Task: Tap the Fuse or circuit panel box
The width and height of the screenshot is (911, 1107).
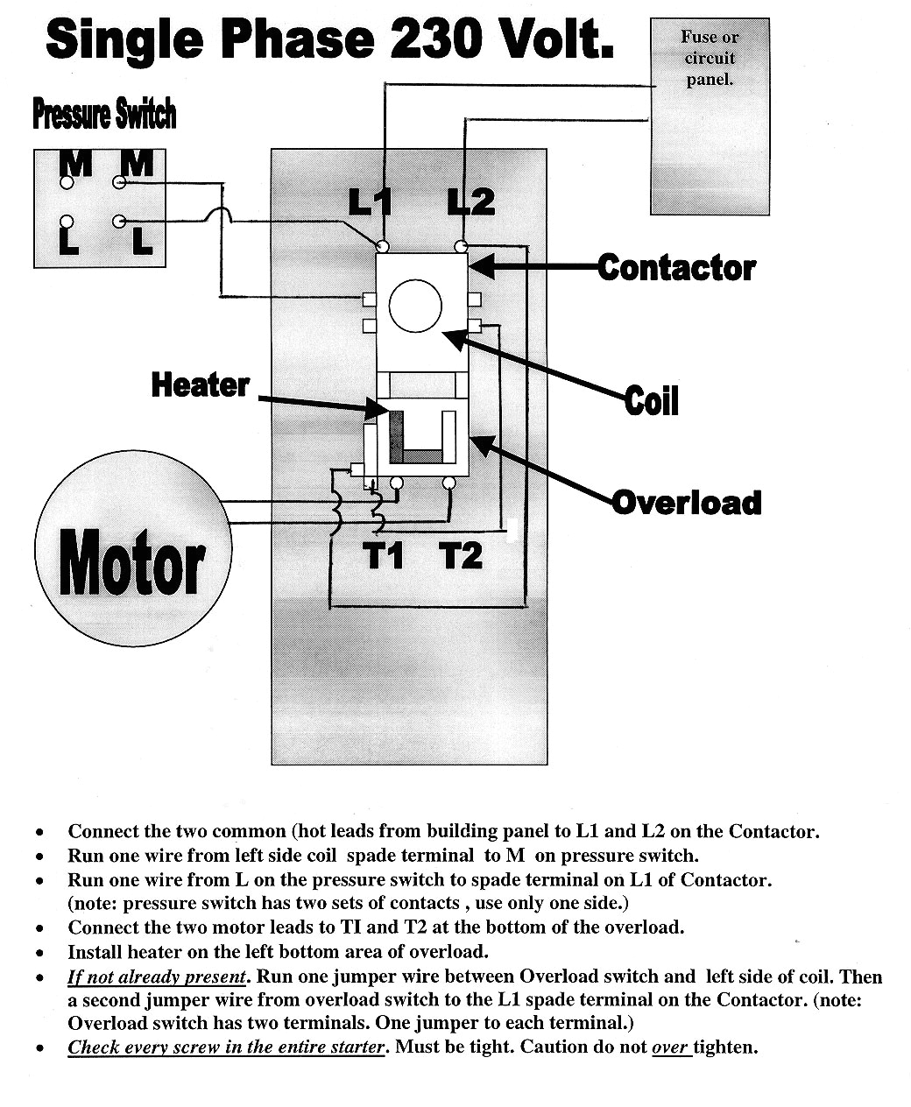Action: pyautogui.click(x=710, y=116)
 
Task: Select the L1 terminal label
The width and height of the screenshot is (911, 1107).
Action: pyautogui.click(x=370, y=202)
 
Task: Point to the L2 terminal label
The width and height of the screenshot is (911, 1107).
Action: pyautogui.click(x=470, y=202)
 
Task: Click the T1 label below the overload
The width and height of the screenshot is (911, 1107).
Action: pyautogui.click(x=384, y=555)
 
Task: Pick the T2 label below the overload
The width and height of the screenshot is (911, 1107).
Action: pyautogui.click(x=461, y=555)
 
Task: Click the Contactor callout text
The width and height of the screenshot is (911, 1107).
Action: pyautogui.click(x=676, y=268)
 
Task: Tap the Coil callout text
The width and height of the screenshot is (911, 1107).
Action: pyautogui.click(x=652, y=401)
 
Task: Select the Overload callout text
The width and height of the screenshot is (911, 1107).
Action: pyautogui.click(x=687, y=503)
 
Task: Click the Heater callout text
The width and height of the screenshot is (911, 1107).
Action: pyautogui.click(x=201, y=384)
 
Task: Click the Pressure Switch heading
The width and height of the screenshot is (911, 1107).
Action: pyautogui.click(x=104, y=114)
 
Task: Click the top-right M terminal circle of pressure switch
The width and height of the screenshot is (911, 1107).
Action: pyautogui.click(x=119, y=183)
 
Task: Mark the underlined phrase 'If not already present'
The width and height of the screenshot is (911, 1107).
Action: pyautogui.click(x=157, y=977)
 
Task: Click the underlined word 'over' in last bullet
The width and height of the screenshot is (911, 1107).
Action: pyautogui.click(x=671, y=1047)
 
